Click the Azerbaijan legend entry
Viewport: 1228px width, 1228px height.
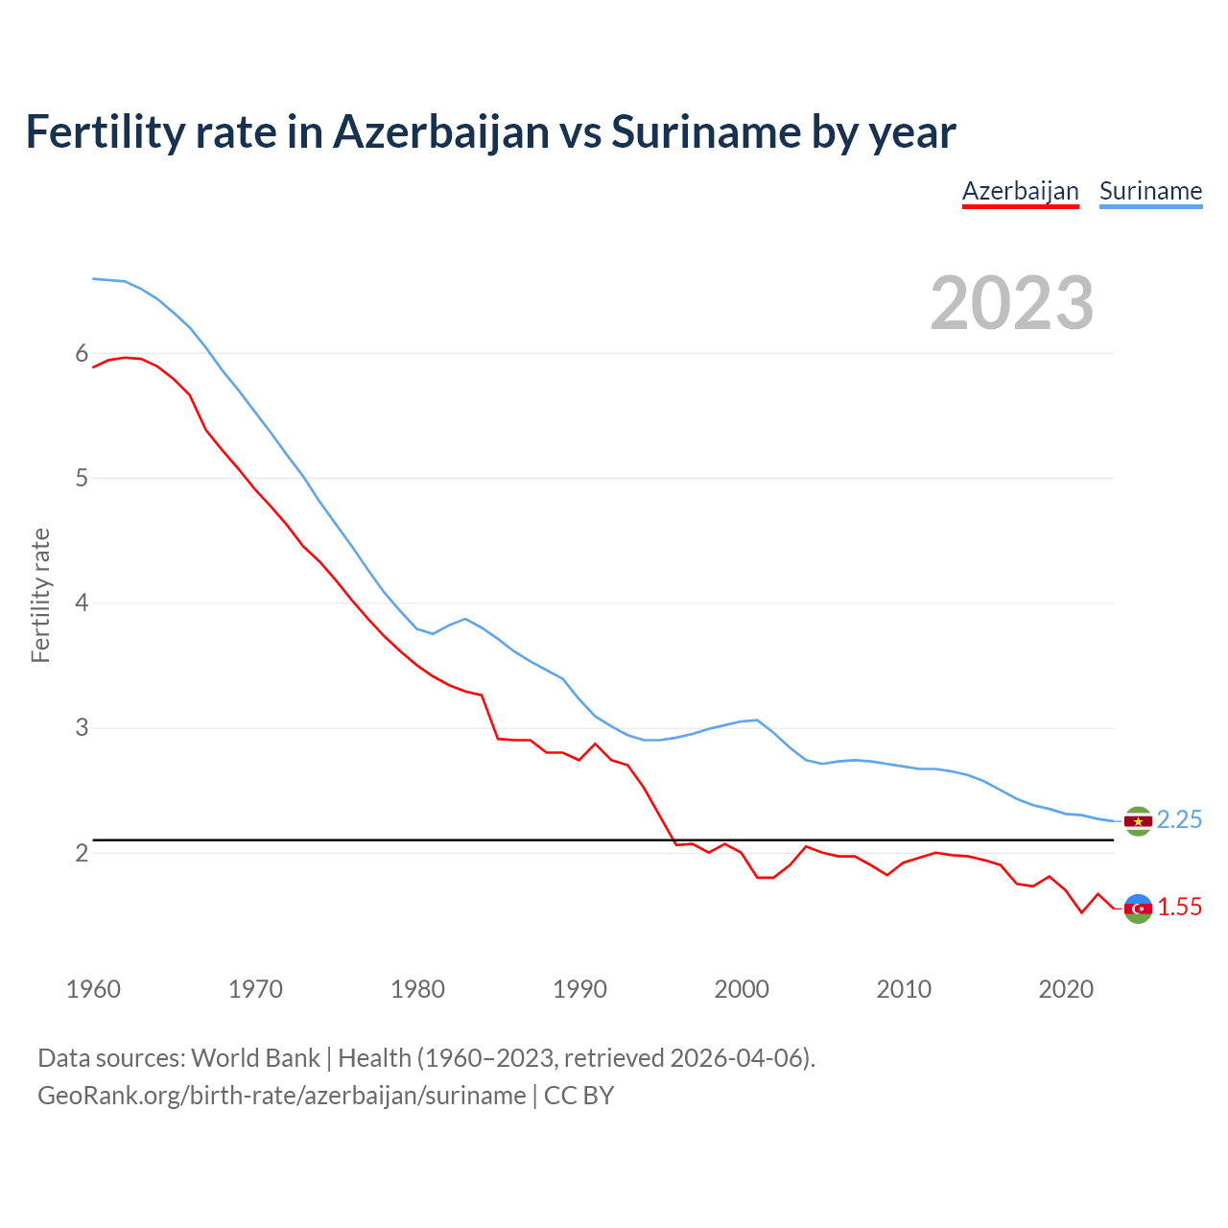[1020, 191]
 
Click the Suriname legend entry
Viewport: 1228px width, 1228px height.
[1150, 191]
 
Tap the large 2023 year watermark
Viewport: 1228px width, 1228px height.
[1012, 303]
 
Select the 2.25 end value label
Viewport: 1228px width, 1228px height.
[1179, 819]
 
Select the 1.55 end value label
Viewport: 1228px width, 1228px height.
[1179, 907]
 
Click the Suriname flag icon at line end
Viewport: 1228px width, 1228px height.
[1138, 821]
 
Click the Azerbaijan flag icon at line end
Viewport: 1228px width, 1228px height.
[1138, 909]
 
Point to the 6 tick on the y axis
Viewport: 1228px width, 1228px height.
[82, 354]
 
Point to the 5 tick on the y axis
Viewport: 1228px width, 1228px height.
[82, 478]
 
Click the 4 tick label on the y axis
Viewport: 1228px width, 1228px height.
[82, 603]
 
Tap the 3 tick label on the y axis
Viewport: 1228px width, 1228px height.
[82, 728]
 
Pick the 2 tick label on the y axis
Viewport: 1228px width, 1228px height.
[82, 853]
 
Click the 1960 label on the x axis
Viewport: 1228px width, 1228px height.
[93, 989]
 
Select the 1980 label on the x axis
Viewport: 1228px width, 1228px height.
[417, 989]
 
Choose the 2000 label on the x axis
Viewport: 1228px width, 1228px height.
[742, 989]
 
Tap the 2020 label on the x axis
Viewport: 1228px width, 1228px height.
[1066, 989]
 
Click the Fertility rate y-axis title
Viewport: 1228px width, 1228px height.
[40, 595]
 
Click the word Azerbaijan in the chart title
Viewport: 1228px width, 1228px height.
[440, 132]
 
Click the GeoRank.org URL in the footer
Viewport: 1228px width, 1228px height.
[281, 1096]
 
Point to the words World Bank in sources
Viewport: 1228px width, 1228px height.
[255, 1058]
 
